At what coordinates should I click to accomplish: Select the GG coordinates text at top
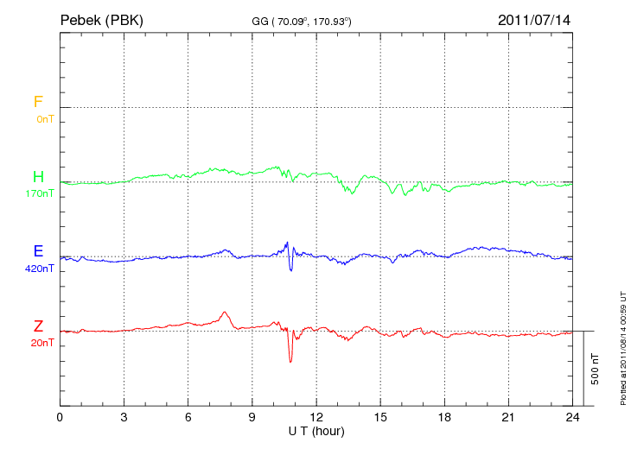coord(301,20)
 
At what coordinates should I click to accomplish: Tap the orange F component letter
coord(38,102)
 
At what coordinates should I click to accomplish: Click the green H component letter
coord(38,177)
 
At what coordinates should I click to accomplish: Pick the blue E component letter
coord(38,251)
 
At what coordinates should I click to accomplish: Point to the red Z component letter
coord(38,326)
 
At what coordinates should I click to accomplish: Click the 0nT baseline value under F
coord(44,118)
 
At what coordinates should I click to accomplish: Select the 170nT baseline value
coord(40,193)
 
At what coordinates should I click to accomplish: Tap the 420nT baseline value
coord(40,269)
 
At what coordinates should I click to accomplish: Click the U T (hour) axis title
coord(316,430)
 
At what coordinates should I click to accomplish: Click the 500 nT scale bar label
coord(595,368)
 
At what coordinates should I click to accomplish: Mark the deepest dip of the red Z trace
coord(290,361)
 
